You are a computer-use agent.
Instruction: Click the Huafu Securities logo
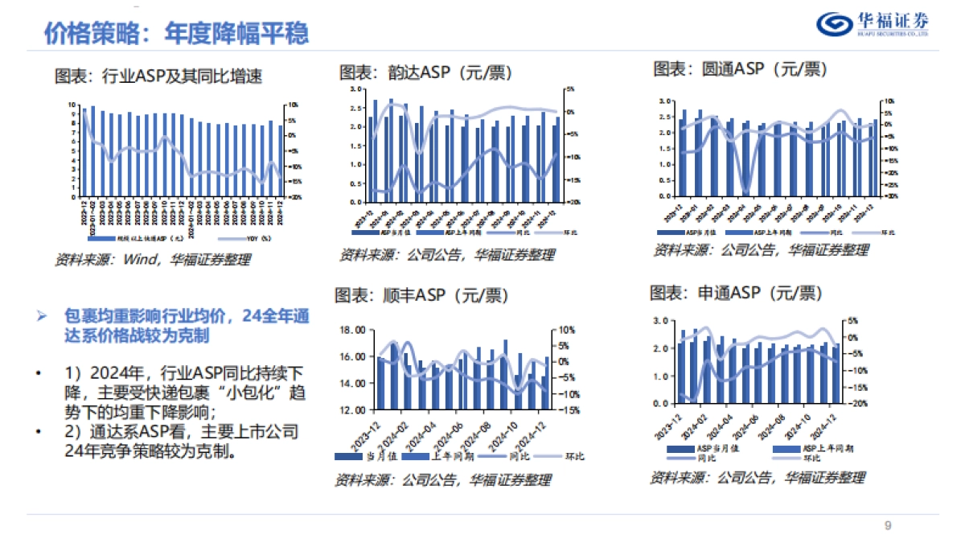pyautogui.click(x=873, y=25)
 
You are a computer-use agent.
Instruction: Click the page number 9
pyautogui.click(x=888, y=526)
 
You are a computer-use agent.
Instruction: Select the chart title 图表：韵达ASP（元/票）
pyautogui.click(x=425, y=72)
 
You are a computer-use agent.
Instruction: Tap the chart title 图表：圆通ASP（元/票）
pyautogui.click(x=740, y=69)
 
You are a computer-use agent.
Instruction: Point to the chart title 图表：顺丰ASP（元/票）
pyautogui.click(x=421, y=295)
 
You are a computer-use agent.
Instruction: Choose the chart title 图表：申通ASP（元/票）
pyautogui.click(x=736, y=292)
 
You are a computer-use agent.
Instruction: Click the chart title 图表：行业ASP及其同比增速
pyautogui.click(x=158, y=76)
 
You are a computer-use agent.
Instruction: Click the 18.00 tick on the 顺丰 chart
pyautogui.click(x=353, y=330)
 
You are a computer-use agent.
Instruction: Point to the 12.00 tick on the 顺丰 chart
pyautogui.click(x=353, y=409)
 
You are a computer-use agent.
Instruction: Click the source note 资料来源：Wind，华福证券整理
pyautogui.click(x=152, y=260)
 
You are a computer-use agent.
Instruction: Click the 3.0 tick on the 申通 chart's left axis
pyautogui.click(x=662, y=320)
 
